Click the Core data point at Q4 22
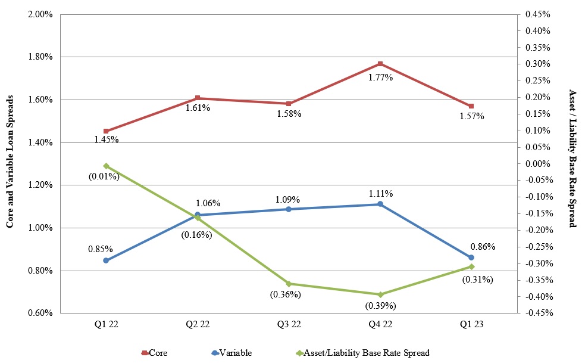coord(380,64)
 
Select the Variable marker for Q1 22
coord(106,260)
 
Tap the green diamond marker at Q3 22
coord(289,284)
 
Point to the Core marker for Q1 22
coord(106,131)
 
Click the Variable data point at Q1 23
coord(471,257)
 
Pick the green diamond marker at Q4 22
coord(380,294)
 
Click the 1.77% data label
coord(380,77)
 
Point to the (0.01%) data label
coord(104,176)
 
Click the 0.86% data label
coord(483,246)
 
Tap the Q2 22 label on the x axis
coord(197,325)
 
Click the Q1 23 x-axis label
coord(471,325)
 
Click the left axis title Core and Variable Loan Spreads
coord(10,163)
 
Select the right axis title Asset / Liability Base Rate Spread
coord(573,159)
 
